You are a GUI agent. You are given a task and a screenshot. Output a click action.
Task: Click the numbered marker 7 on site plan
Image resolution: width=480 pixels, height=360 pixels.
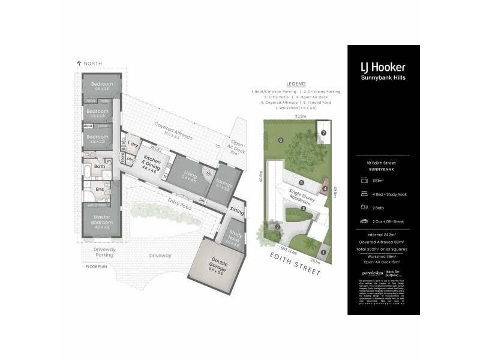tap(323, 133)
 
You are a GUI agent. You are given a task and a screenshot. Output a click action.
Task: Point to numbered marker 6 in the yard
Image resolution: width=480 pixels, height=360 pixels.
tap(280, 140)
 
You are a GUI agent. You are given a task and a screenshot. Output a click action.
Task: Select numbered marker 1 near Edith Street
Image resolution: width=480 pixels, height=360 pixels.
tap(323, 252)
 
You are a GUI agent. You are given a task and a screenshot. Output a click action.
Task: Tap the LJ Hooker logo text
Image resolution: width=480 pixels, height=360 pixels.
tap(383, 67)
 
